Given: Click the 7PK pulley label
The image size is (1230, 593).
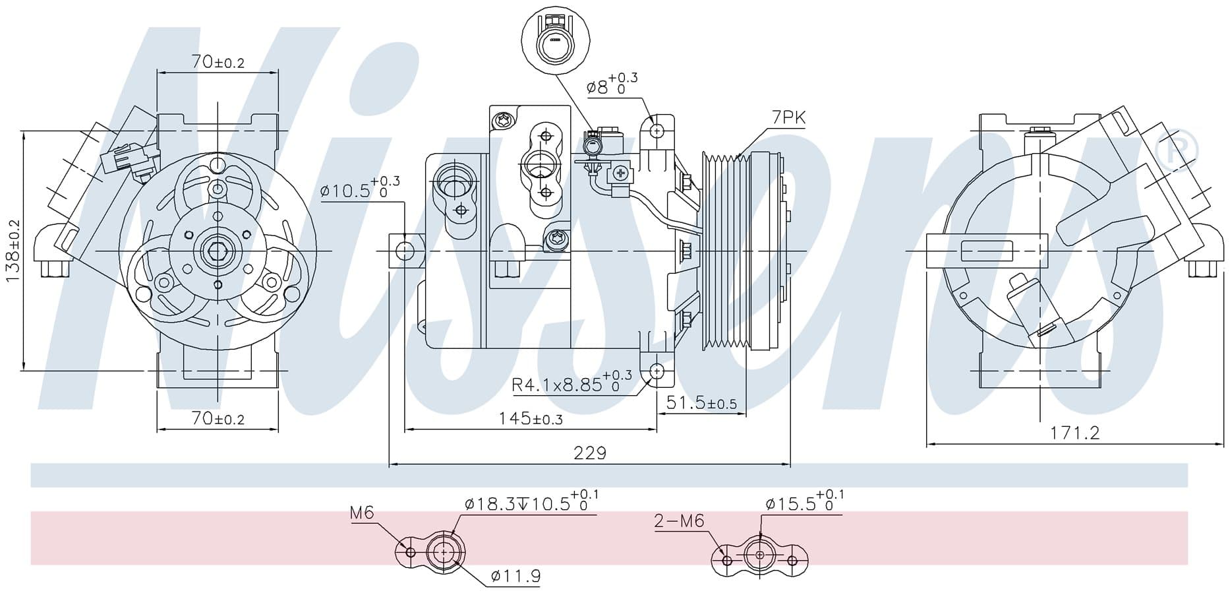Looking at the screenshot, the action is pyautogui.click(x=788, y=118).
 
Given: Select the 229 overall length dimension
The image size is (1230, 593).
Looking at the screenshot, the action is pyautogui.click(x=589, y=453).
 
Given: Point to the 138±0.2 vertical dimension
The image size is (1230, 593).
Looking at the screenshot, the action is pyautogui.click(x=13, y=251).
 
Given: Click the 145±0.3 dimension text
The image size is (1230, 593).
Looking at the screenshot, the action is pyautogui.click(x=531, y=418).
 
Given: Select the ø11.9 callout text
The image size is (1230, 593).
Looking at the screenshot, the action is pyautogui.click(x=515, y=577).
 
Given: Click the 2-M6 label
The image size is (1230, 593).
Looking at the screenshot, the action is pyautogui.click(x=680, y=521).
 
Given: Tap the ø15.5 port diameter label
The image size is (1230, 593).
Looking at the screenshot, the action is pyautogui.click(x=804, y=501).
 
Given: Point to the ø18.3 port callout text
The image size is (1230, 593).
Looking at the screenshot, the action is pyautogui.click(x=531, y=501).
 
